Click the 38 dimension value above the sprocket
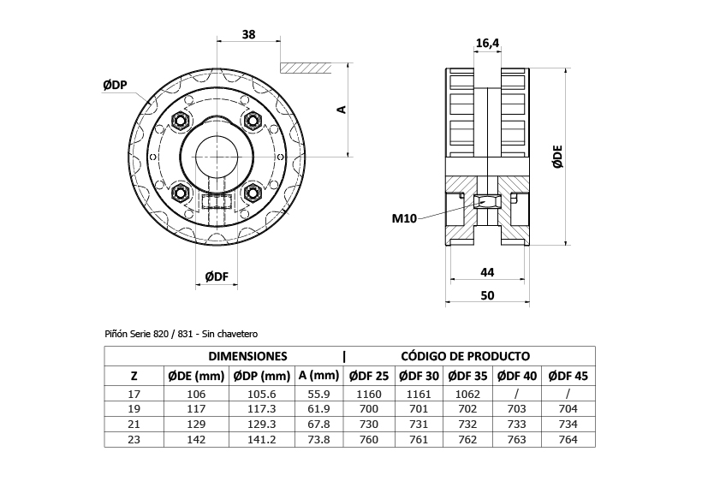click(248, 34)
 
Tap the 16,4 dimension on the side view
click(487, 44)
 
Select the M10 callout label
click(404, 218)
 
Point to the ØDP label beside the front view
click(115, 85)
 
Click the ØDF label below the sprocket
click(217, 276)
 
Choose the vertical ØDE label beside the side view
click(558, 157)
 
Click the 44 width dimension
click(487, 272)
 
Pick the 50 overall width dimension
click(487, 295)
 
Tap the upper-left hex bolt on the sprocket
click(181, 120)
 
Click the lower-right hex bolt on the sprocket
click(253, 193)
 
